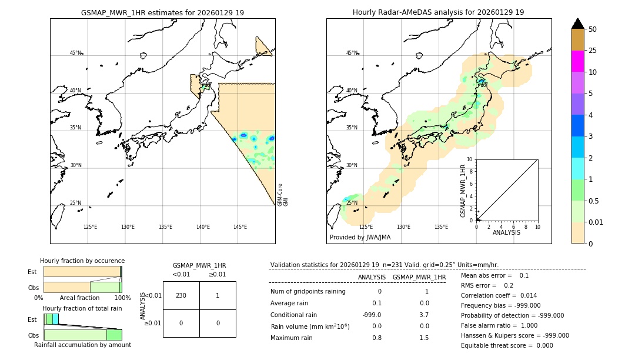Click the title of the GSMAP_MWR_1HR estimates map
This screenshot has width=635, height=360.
coord(162,12)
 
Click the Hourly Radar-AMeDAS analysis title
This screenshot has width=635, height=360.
coord(438,12)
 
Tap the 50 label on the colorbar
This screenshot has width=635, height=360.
coord(593,29)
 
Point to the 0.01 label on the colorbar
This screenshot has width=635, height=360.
coord(596,222)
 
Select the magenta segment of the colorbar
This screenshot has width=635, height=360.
coord(577,61)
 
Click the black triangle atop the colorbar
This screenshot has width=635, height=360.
coord(577,24)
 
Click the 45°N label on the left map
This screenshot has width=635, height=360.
coord(76,53)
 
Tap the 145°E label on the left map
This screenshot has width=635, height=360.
coord(240,227)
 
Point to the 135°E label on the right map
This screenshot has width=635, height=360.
coord(441,227)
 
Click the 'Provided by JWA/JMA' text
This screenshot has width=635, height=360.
coord(360,238)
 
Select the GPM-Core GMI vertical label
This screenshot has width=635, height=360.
coord(283,195)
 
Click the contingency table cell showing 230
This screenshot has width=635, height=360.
coord(181,295)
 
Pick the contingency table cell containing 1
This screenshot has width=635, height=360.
coord(218,295)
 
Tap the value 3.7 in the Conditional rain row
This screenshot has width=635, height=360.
coord(424,315)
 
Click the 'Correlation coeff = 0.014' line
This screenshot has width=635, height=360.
coord(499,295)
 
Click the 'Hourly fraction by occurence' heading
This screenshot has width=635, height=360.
coord(82,261)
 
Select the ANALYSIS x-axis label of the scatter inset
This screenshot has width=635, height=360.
coord(506,232)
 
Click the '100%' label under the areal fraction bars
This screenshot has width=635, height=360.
coord(122,298)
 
